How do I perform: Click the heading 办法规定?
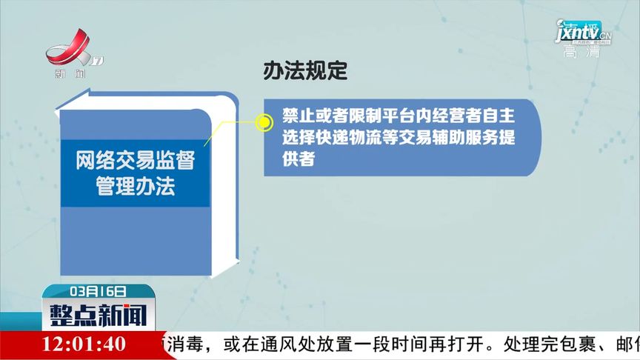[305, 71]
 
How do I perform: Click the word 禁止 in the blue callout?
[293, 119]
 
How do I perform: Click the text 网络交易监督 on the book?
[134, 161]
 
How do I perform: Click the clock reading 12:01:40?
[84, 344]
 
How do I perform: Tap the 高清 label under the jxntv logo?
[581, 52]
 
